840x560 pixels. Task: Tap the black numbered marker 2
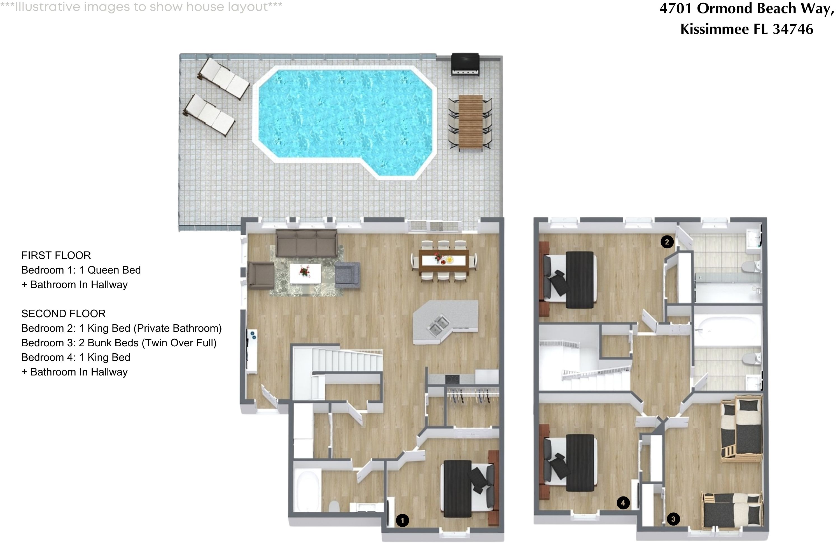[x=667, y=242]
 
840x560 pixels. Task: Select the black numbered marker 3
[x=673, y=519]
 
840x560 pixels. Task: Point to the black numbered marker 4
[x=623, y=503]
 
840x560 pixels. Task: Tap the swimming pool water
[x=343, y=114]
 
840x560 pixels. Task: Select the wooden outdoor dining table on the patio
[x=471, y=122]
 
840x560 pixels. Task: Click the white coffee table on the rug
[x=305, y=273]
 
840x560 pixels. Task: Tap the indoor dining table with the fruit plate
[x=444, y=260]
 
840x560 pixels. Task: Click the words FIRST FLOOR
[x=56, y=255]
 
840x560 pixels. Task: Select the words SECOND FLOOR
[x=63, y=314]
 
